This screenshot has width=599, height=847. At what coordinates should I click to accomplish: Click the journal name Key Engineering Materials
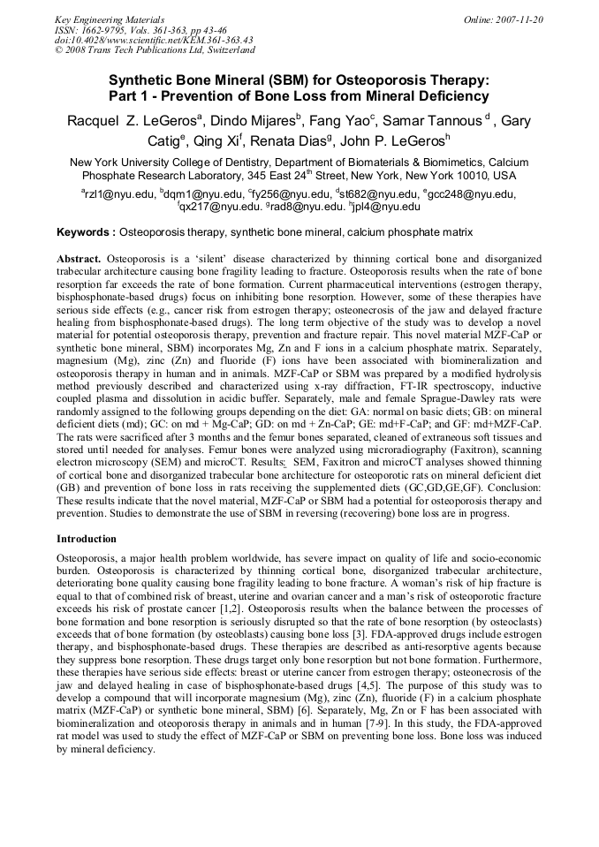[x=110, y=19]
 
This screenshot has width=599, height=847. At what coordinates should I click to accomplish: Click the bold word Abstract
[x=80, y=257]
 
